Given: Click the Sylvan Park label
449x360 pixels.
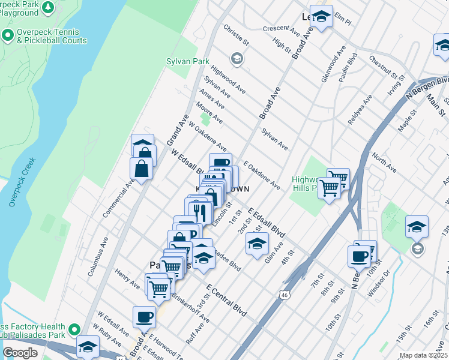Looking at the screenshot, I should [x=188, y=61].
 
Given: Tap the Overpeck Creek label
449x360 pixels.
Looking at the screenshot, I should [x=22, y=182].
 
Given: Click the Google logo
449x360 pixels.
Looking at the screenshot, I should [x=20, y=353].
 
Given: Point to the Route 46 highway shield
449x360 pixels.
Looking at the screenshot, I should [x=284, y=295].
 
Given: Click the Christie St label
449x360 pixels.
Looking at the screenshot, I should [x=235, y=35].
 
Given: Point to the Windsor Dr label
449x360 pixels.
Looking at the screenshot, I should [x=379, y=281].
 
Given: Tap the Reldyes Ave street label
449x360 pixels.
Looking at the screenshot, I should [x=360, y=109].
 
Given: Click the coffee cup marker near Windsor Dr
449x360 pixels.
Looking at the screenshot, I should [x=359, y=256].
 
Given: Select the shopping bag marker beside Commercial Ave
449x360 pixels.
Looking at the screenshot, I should [x=142, y=169].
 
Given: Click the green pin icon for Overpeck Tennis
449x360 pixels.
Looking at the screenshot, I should [x=8, y=36].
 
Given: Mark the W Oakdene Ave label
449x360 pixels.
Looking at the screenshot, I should [x=207, y=137].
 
